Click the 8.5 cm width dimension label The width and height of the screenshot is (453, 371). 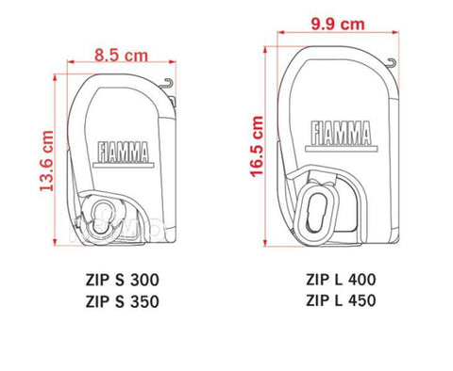[121, 56]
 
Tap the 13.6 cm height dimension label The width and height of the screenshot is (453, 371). [46, 161]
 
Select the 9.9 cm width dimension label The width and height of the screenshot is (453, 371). [338, 24]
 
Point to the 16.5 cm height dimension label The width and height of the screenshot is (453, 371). [257, 146]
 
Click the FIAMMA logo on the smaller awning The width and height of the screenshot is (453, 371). [124, 154]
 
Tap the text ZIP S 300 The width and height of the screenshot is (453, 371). [123, 280]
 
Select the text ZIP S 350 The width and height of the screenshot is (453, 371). [123, 301]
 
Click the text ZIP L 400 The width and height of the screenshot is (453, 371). [341, 280]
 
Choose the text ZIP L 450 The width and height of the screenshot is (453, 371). [341, 300]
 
